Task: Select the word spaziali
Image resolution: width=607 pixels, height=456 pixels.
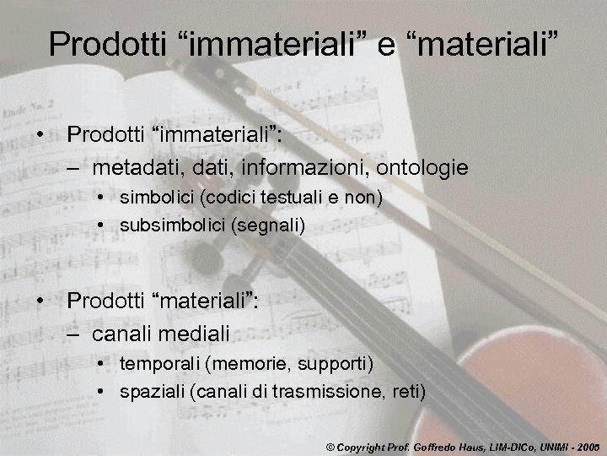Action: [152, 391]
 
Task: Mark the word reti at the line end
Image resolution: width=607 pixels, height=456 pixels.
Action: [408, 391]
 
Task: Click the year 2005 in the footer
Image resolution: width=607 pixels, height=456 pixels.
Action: [588, 444]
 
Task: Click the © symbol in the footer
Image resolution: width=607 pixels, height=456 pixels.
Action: [330, 444]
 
